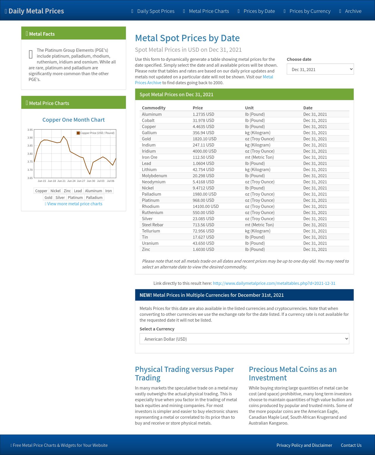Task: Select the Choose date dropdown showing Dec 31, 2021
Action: [320, 69]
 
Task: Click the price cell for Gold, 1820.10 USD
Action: [204, 139]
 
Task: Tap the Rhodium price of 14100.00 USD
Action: [206, 206]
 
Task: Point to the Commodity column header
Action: [154, 108]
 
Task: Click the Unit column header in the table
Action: [249, 108]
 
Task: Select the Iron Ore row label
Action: [150, 157]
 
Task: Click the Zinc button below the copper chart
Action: [67, 191]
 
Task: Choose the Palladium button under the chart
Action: [94, 198]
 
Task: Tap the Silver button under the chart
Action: [60, 198]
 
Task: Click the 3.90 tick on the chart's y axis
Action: [30, 138]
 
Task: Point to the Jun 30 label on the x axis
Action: [91, 181]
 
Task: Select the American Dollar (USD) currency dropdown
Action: [244, 339]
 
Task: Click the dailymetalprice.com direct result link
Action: [274, 283]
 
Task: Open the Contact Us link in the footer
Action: [351, 445]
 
